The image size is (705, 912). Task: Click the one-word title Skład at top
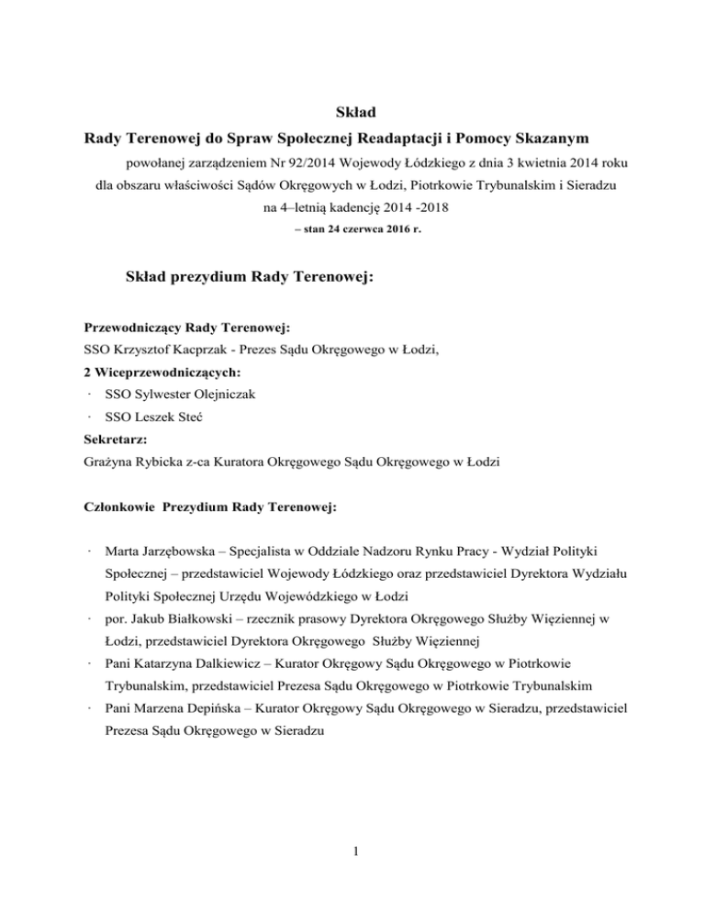(x=352, y=111)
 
